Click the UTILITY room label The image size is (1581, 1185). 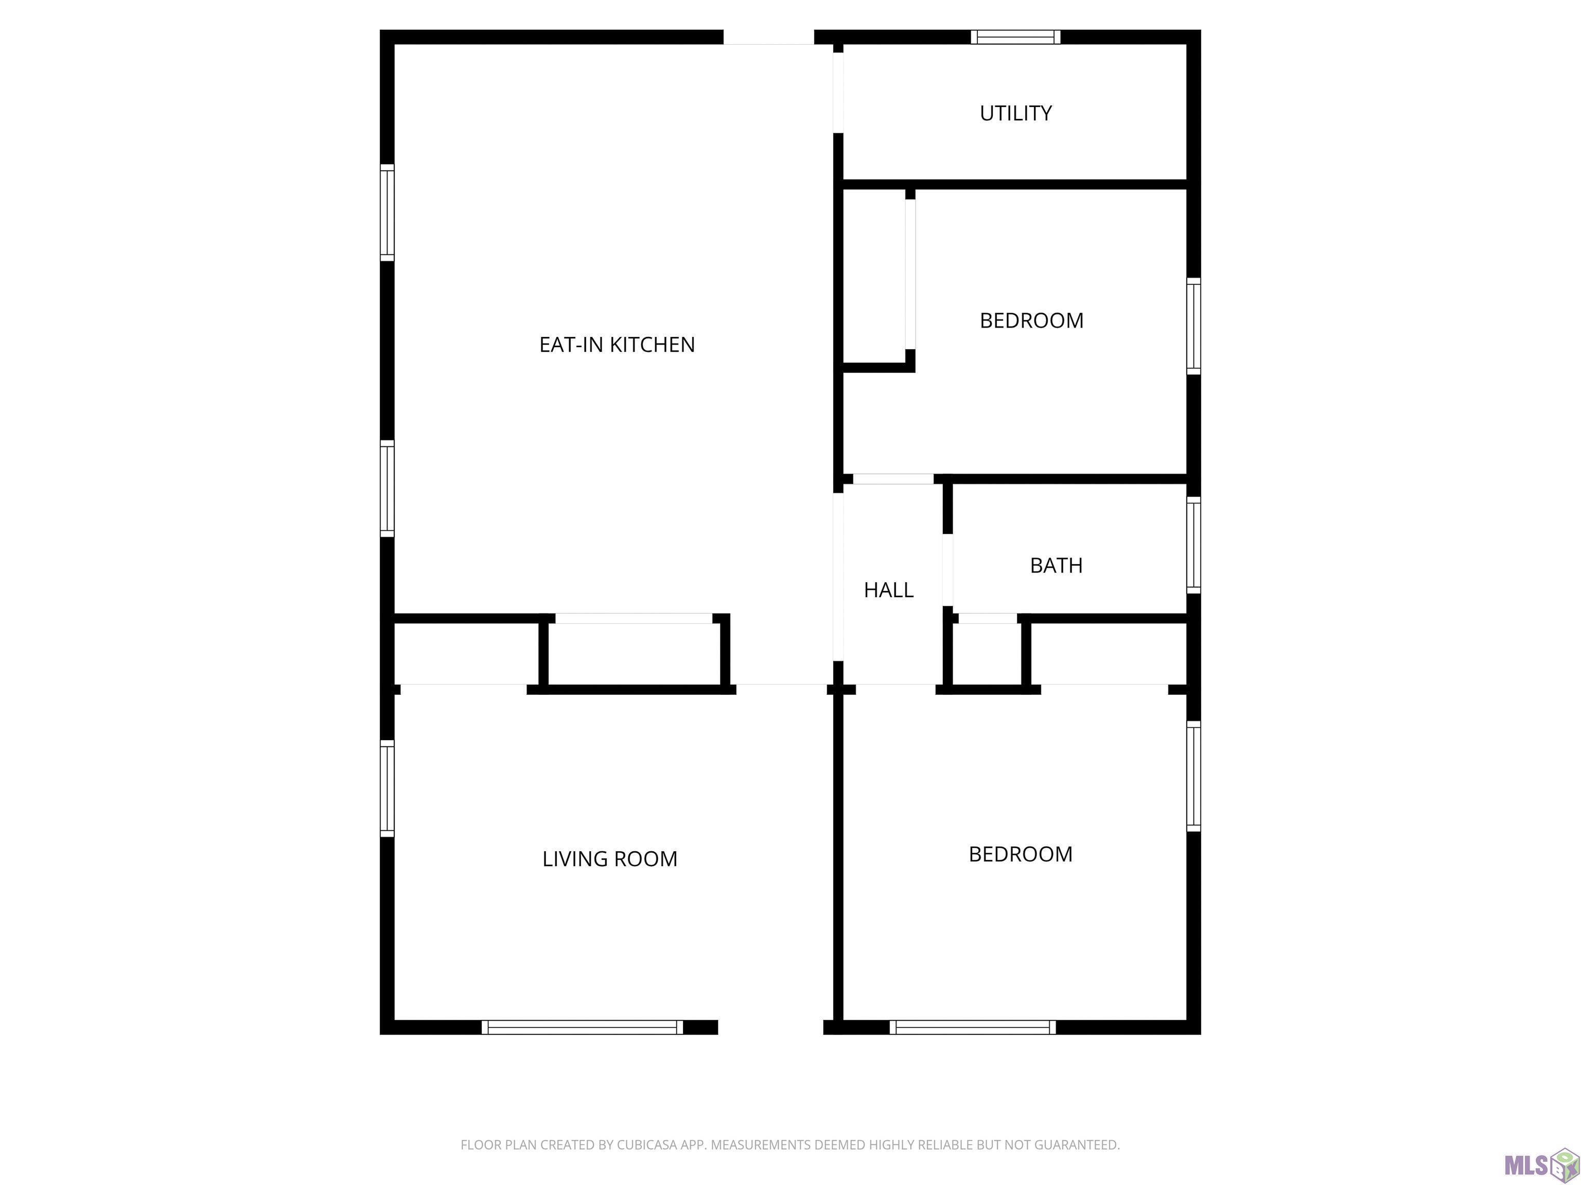click(1015, 113)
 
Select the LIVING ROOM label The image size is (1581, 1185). click(610, 858)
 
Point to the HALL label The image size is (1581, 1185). click(888, 590)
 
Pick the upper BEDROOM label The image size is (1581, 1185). click(1031, 321)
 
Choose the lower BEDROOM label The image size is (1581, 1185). click(1020, 854)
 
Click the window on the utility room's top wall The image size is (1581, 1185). click(1015, 37)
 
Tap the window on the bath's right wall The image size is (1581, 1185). click(1193, 545)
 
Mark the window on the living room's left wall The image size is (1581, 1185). click(387, 788)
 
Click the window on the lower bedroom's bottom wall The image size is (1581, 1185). click(973, 1027)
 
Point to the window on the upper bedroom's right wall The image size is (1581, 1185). click(1193, 326)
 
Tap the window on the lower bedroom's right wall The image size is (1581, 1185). click(1193, 777)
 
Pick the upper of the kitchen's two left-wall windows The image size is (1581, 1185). click(387, 212)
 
